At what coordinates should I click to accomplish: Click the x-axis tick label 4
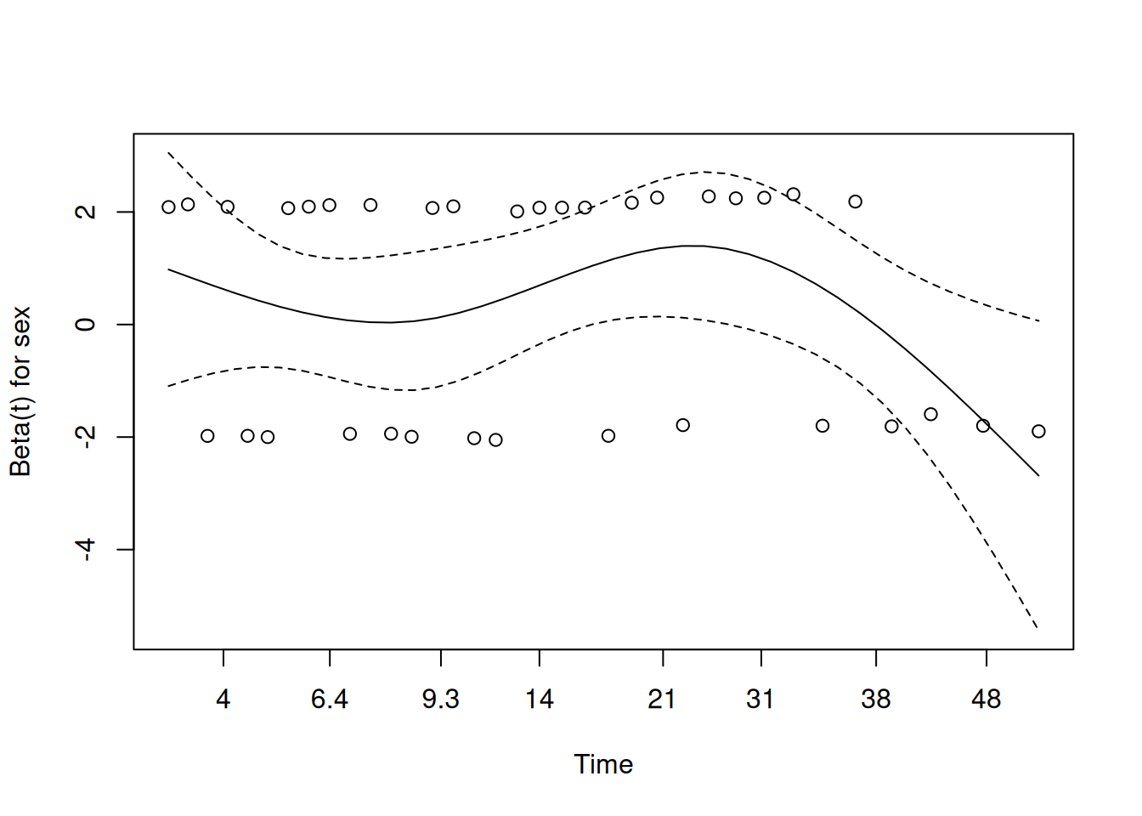click(223, 700)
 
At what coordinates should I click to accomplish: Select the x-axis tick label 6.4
click(330, 700)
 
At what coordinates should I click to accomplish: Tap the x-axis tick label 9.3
click(440, 700)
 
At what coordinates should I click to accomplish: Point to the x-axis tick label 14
click(540, 700)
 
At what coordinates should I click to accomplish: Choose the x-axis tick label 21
click(662, 700)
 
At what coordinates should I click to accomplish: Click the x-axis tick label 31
click(760, 700)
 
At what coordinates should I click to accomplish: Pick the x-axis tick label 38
click(876, 700)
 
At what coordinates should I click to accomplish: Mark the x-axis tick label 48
click(986, 700)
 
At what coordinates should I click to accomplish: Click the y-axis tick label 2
click(86, 212)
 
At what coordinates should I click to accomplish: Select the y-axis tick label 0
click(86, 325)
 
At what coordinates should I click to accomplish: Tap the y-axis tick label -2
click(86, 437)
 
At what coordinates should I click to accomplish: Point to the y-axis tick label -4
click(86, 549)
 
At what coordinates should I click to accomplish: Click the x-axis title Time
click(603, 764)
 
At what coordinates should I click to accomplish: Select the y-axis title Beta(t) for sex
click(20, 392)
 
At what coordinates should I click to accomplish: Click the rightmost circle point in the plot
click(1038, 431)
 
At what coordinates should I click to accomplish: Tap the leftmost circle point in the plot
click(169, 207)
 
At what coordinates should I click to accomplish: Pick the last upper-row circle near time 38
click(855, 201)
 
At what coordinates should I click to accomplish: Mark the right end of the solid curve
click(1038, 476)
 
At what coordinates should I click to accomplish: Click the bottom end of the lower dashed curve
click(1037, 628)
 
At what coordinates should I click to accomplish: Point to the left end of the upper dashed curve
click(169, 152)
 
